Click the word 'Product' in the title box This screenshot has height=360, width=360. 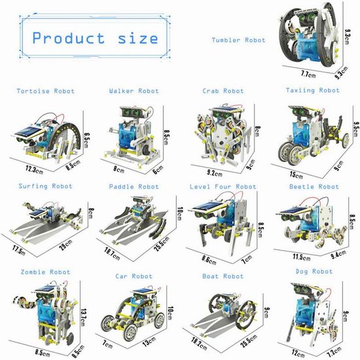click(x=69, y=38)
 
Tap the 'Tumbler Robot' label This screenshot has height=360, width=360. click(x=238, y=40)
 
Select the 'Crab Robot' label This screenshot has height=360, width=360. click(x=223, y=91)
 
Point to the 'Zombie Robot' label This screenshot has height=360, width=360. click(x=45, y=272)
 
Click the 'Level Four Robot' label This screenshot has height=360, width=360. click(x=223, y=187)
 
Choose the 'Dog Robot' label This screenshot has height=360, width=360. click(x=314, y=272)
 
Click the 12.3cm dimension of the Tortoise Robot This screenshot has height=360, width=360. click(x=34, y=170)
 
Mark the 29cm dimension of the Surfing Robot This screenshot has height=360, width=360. click(x=65, y=244)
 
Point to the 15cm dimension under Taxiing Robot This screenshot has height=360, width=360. click(x=296, y=175)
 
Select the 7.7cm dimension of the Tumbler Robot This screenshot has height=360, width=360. click(x=308, y=74)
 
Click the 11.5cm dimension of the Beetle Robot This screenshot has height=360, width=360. click(x=302, y=257)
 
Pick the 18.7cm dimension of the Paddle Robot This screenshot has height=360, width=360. click(x=112, y=254)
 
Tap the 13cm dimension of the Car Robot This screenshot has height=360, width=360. click(x=149, y=341)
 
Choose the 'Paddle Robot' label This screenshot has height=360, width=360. click(x=134, y=187)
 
